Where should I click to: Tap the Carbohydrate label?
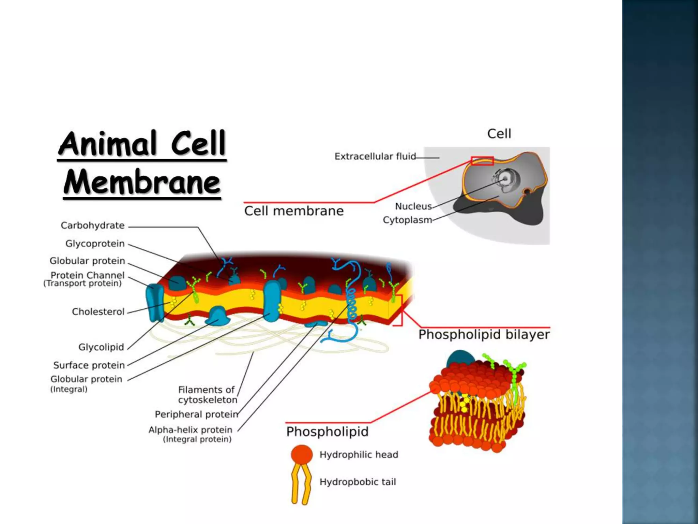tap(92, 225)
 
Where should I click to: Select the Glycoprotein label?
tap(95, 244)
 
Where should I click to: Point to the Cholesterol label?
tap(98, 311)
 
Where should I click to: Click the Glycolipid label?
tap(101, 347)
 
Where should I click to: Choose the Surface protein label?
tap(89, 365)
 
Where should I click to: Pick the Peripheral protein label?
tap(197, 414)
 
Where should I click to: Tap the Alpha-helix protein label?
tap(190, 430)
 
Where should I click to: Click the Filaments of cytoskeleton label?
tap(207, 395)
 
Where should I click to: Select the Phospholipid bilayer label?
tap(484, 335)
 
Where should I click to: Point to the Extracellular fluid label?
tap(375, 156)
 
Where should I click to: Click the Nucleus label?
tap(413, 206)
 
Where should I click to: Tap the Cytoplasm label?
tap(407, 220)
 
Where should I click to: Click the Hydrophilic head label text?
tap(359, 454)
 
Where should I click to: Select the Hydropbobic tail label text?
tap(358, 482)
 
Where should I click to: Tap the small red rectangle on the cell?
tap(482, 161)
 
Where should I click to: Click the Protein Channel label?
tap(87, 275)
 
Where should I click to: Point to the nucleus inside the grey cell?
tap(505, 178)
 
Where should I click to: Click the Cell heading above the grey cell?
tap(499, 134)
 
